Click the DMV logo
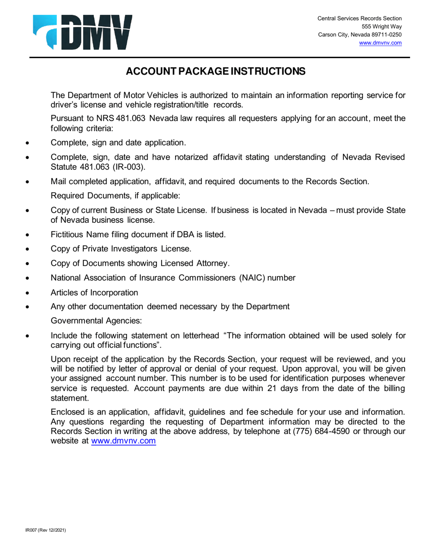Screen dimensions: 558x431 click(82, 32)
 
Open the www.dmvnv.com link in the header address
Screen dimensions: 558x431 click(380, 43)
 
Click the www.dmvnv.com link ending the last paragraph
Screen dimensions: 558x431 click(124, 441)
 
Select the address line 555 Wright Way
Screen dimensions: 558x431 click(385, 26)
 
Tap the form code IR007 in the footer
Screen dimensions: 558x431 click(31, 529)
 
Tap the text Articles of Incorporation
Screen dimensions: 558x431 click(94, 292)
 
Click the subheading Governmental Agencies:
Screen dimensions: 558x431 click(96, 321)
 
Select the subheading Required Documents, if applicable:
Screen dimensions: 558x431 click(115, 196)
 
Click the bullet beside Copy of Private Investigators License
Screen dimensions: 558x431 click(28, 250)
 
